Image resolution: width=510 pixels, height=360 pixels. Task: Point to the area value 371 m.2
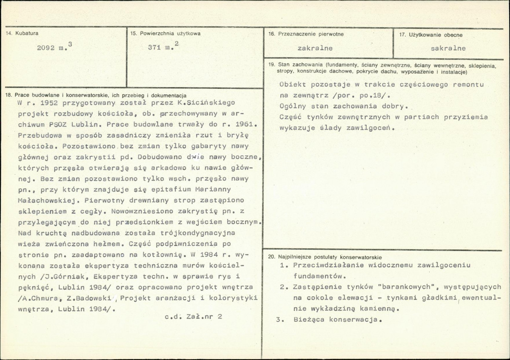163,47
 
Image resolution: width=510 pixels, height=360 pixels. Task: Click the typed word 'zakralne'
315,48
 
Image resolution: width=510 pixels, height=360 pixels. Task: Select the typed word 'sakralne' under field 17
448,48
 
